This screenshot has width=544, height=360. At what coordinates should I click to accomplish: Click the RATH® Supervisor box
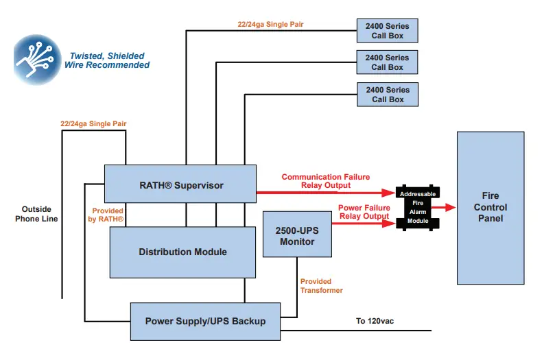(x=180, y=184)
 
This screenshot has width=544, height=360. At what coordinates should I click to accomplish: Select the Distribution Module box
(x=182, y=252)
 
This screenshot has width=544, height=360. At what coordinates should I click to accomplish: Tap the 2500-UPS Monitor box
(x=297, y=235)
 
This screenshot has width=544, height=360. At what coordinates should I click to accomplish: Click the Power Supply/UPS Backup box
(x=205, y=321)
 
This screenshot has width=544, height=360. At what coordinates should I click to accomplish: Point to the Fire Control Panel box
(x=490, y=208)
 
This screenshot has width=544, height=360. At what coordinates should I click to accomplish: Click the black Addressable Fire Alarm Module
(x=418, y=208)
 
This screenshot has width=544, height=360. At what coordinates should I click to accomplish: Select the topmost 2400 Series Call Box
(x=387, y=31)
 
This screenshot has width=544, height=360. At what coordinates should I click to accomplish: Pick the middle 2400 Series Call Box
(x=387, y=62)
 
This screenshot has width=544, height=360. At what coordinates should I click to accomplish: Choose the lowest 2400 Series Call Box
(x=387, y=95)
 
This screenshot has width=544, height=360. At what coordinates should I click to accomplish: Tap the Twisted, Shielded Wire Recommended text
(x=107, y=61)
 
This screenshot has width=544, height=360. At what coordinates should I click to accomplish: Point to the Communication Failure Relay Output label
(x=325, y=181)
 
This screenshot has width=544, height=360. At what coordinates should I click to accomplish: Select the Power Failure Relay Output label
(x=364, y=212)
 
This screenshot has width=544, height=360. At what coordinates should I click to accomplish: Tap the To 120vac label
(x=375, y=321)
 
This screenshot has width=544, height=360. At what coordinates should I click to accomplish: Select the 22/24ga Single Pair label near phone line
(x=93, y=124)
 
